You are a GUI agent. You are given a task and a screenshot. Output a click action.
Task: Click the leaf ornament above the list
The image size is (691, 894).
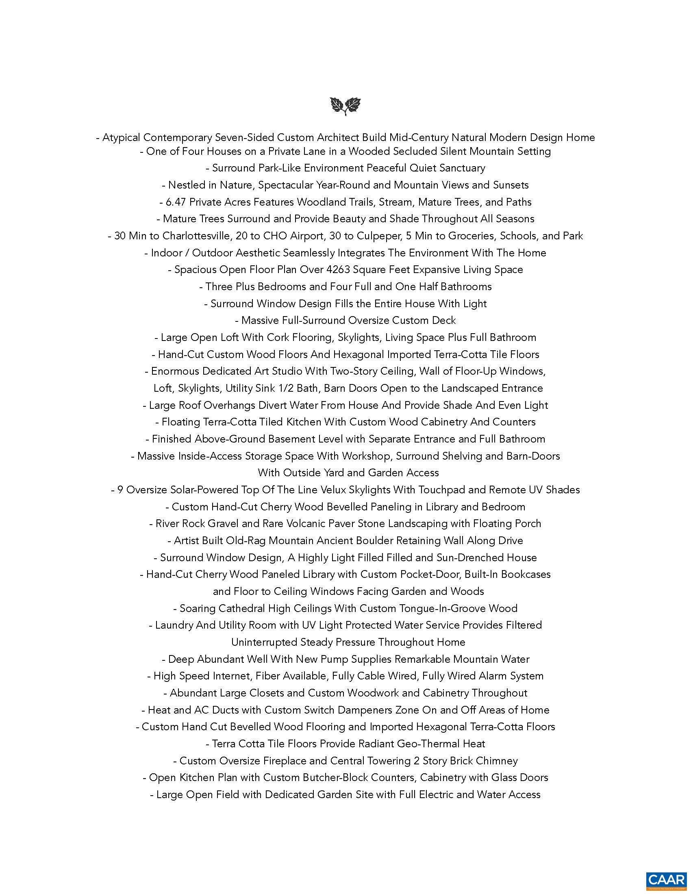[x=345, y=106]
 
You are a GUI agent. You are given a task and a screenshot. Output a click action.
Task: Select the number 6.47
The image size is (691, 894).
[x=176, y=202]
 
